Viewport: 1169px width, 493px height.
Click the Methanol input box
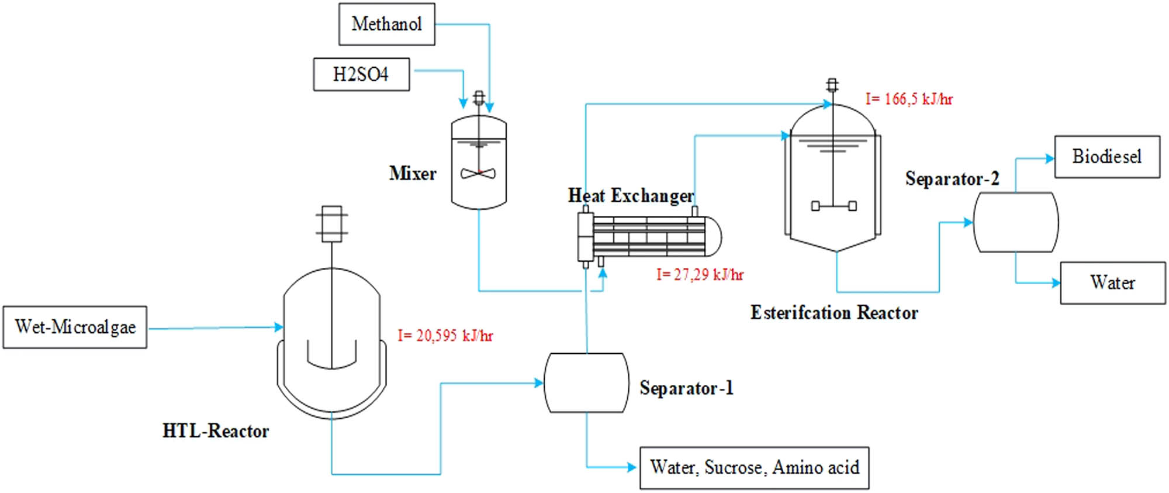[386, 24]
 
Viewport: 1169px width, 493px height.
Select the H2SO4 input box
[361, 74]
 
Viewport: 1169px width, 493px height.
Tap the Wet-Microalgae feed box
[75, 327]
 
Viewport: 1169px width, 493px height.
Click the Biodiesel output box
[1106, 157]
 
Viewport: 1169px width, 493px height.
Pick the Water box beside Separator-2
[1112, 283]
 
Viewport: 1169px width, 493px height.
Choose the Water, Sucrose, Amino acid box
[754, 468]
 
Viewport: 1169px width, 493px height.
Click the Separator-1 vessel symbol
[586, 382]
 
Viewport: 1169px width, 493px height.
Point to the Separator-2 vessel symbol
[1015, 222]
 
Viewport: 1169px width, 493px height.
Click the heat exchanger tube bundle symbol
[649, 236]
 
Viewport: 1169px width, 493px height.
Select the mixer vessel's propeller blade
[478, 173]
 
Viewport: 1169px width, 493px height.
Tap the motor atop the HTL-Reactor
[331, 223]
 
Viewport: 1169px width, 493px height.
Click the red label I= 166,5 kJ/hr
[909, 99]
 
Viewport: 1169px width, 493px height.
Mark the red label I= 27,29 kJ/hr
[700, 275]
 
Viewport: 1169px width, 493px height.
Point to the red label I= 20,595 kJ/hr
[445, 336]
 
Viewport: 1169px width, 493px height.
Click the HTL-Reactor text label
[216, 432]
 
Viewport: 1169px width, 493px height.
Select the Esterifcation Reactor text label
[834, 313]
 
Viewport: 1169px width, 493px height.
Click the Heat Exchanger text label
[631, 195]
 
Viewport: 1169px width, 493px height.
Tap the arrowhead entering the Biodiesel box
[1050, 158]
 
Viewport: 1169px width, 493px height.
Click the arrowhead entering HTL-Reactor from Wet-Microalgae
[279, 327]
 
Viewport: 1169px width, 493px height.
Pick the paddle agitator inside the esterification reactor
[833, 205]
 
